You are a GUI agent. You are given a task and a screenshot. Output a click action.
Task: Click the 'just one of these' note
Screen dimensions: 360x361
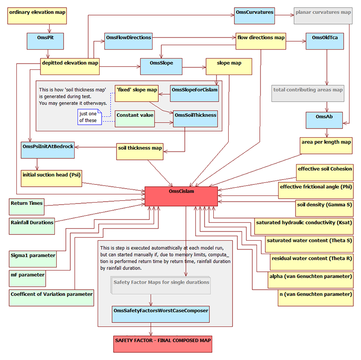point(89,116)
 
